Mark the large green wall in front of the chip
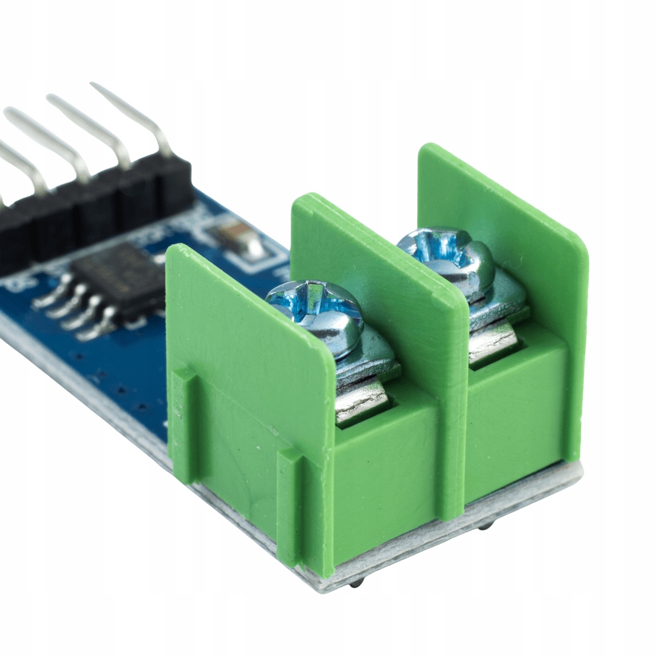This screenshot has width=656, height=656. (249, 341)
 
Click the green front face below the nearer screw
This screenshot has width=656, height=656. (387, 485)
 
